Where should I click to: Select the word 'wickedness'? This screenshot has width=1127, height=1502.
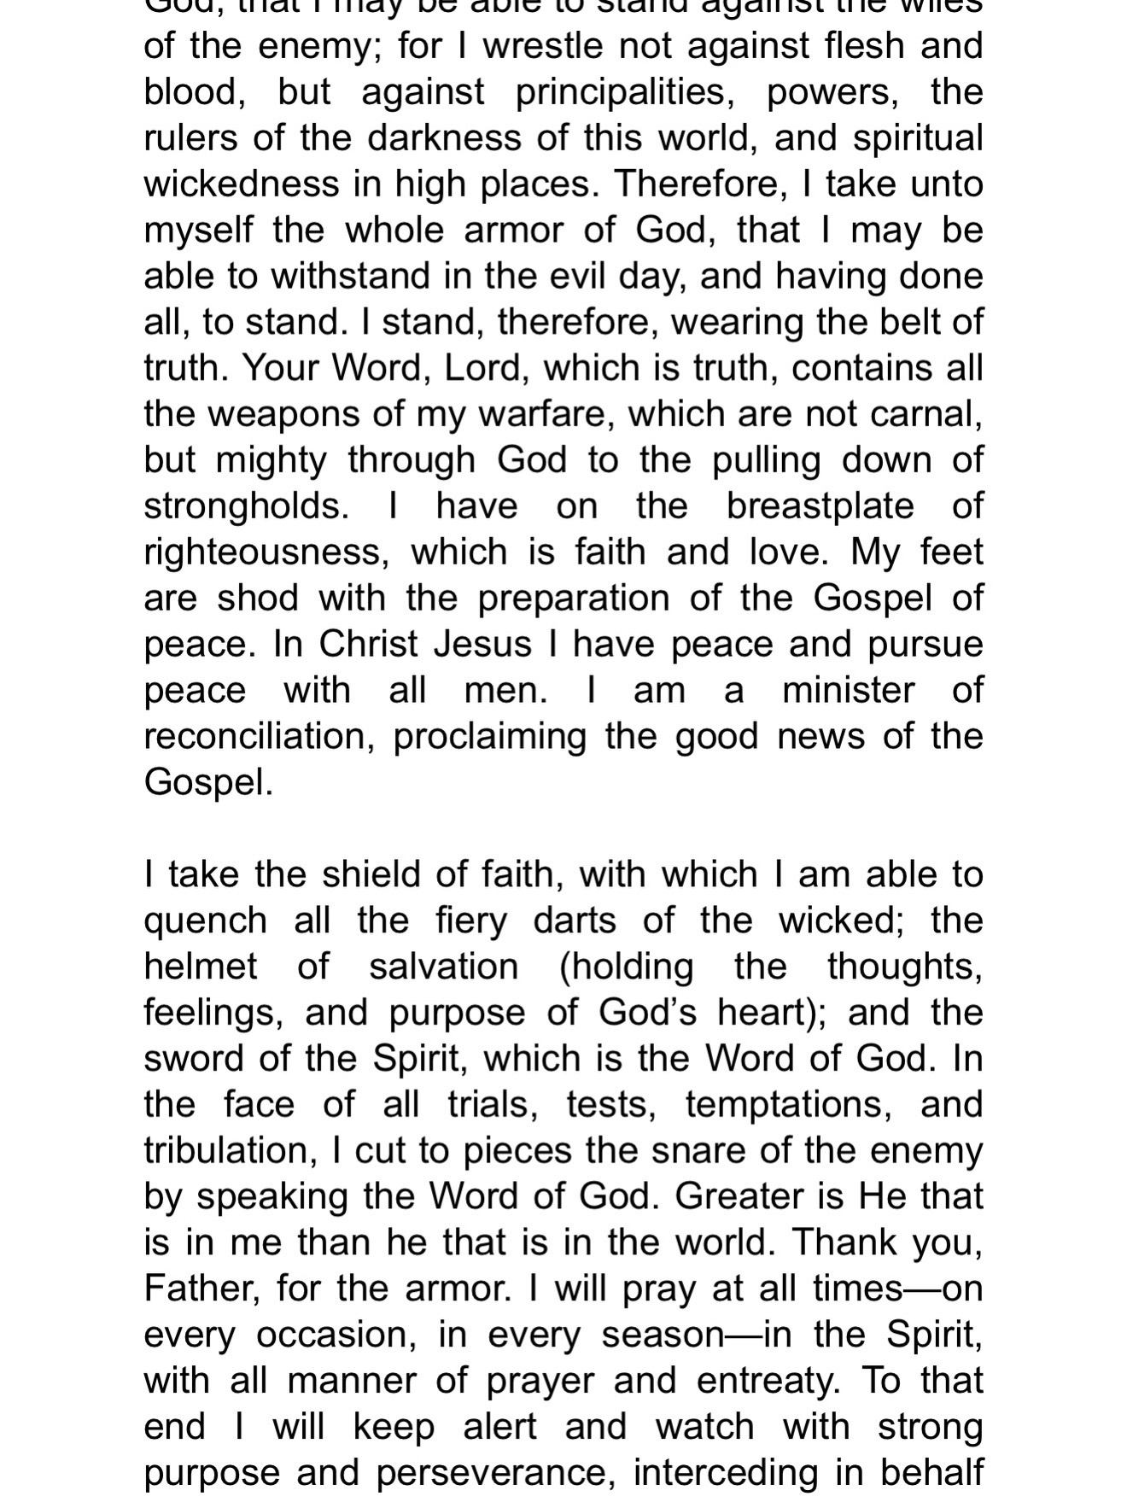click(x=242, y=184)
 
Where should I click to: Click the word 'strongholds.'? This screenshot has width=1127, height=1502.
click(x=247, y=507)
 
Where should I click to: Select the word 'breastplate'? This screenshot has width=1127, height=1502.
click(x=820, y=507)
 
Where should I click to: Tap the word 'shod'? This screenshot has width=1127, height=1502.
click(x=258, y=599)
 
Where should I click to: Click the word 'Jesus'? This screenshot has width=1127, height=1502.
click(x=482, y=645)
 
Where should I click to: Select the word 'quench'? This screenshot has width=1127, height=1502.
click(x=206, y=922)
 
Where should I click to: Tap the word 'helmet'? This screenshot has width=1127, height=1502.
click(x=201, y=967)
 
